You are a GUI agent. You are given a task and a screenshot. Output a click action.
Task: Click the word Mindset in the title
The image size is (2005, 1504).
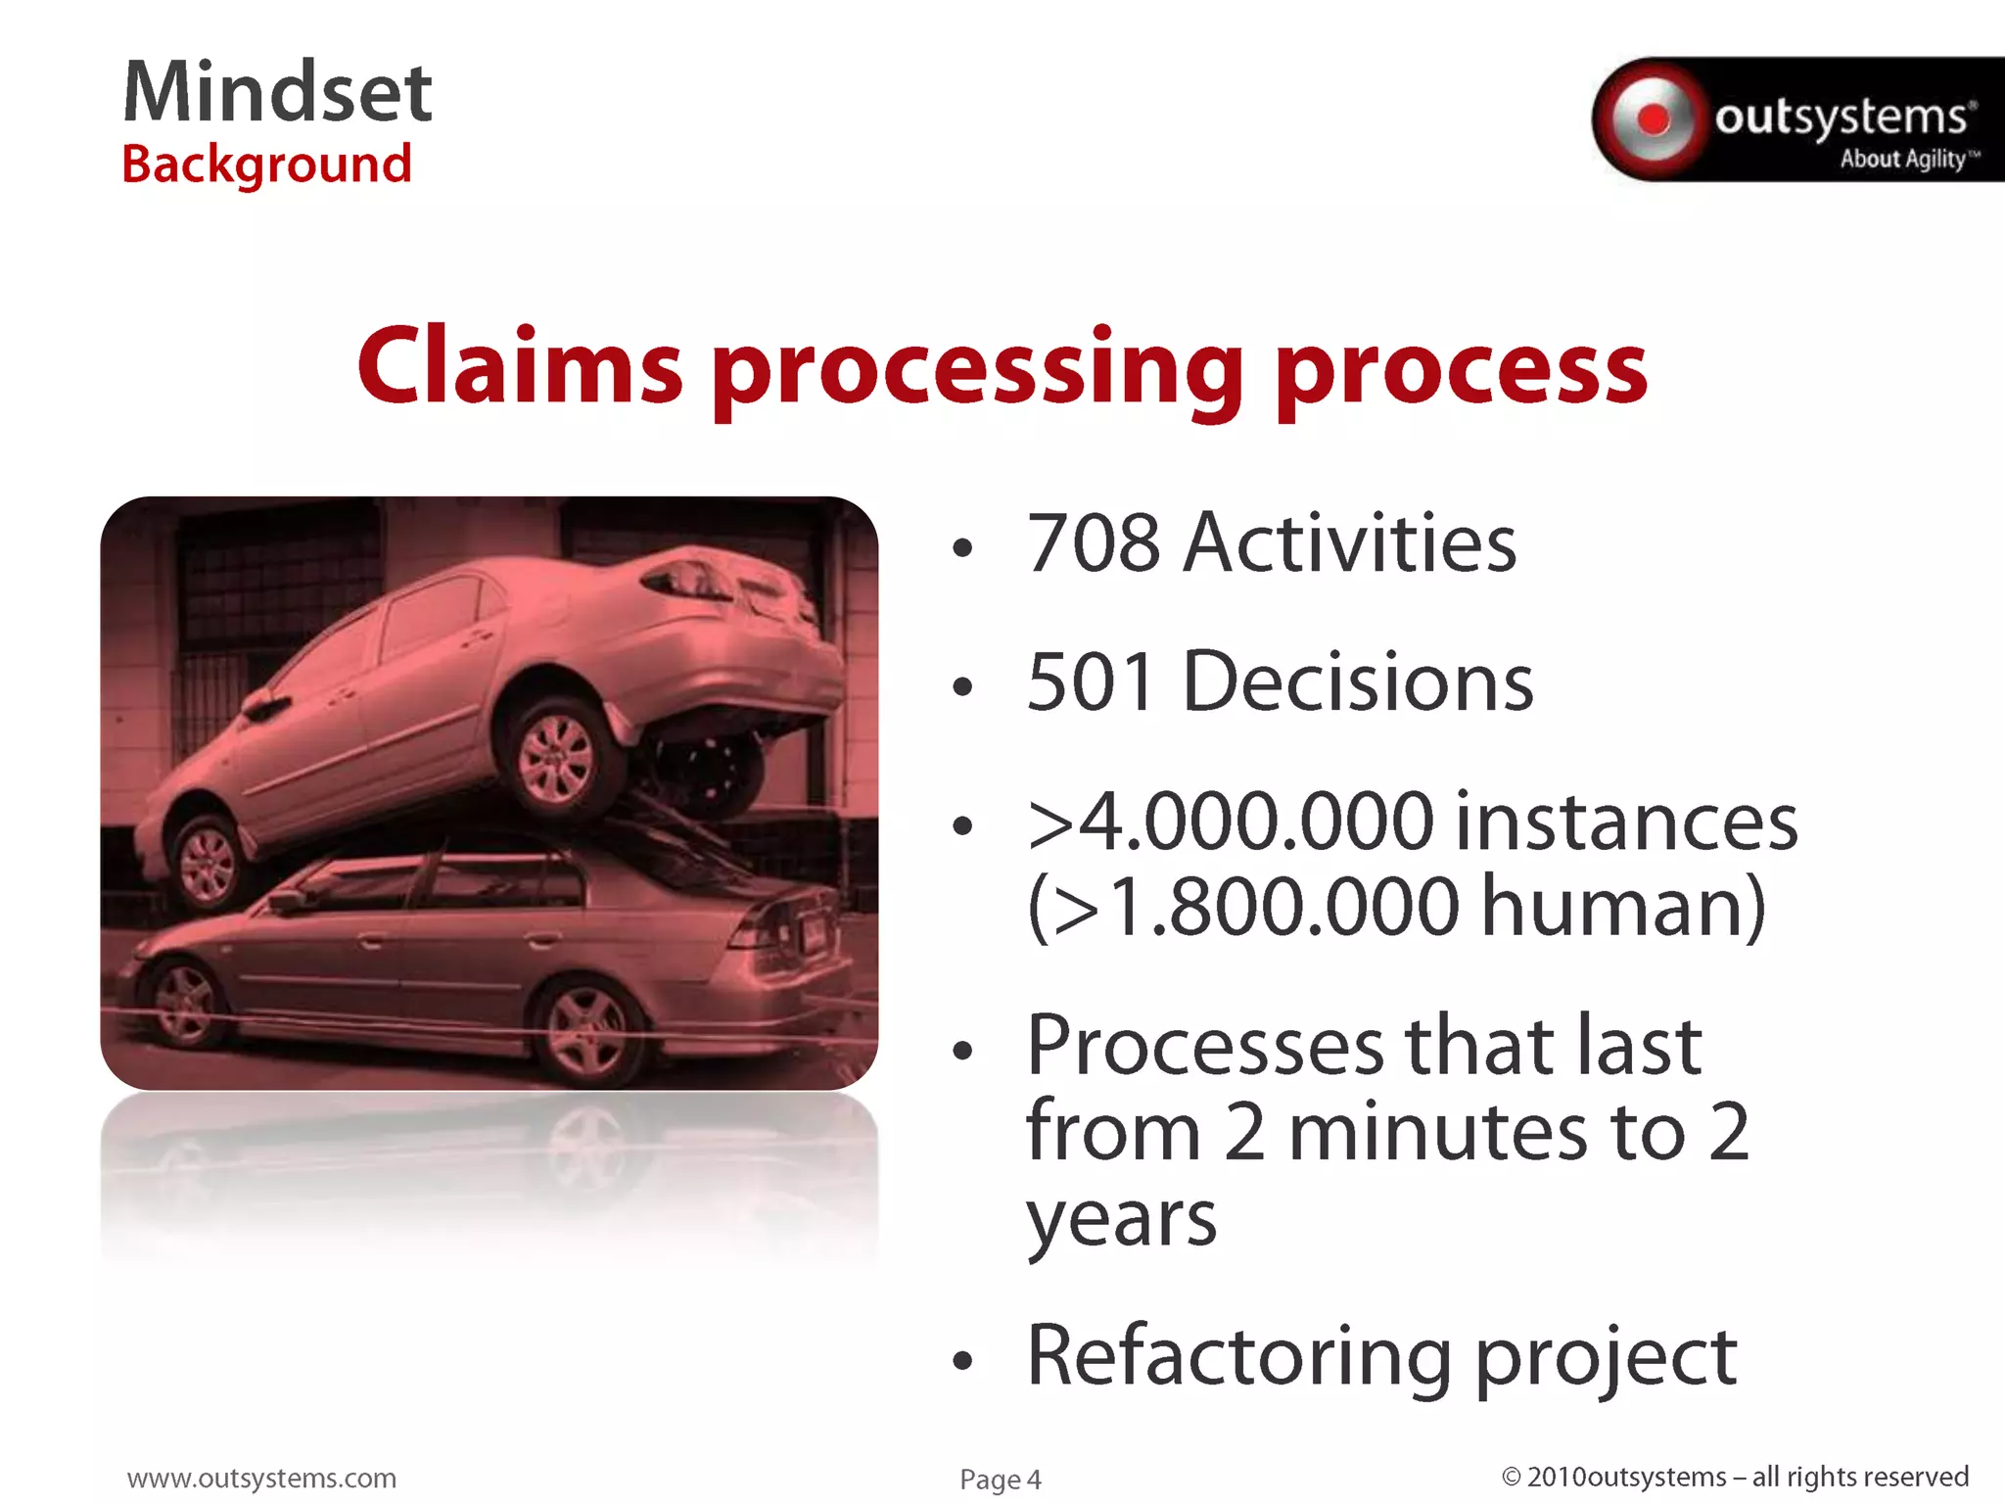pyautogui.click(x=277, y=92)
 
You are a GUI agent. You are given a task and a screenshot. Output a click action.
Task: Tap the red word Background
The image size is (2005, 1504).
pyautogui.click(x=266, y=164)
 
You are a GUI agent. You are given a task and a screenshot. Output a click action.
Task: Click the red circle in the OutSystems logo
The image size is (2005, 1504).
pyautogui.click(x=1654, y=119)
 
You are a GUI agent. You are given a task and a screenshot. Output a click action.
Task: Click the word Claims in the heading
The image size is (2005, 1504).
pyautogui.click(x=520, y=367)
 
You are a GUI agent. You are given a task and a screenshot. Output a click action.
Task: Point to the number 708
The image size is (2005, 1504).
pyautogui.click(x=1094, y=543)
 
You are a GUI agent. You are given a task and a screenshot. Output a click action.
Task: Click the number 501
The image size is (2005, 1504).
pyautogui.click(x=1092, y=682)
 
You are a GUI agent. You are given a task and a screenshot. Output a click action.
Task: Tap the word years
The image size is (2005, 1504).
pyautogui.click(x=1121, y=1220)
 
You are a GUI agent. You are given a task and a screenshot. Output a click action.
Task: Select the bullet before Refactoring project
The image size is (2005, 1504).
pyautogui.click(x=963, y=1360)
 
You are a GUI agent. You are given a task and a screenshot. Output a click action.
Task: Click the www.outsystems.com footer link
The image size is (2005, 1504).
pyautogui.click(x=261, y=1478)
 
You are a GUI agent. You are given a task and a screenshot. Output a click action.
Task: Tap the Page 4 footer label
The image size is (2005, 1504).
pyautogui.click(x=1000, y=1480)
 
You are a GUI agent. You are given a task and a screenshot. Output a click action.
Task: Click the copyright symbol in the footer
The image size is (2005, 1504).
pyautogui.click(x=1511, y=1477)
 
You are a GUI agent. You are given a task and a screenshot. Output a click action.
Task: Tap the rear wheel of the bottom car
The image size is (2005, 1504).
pyautogui.click(x=587, y=1028)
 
